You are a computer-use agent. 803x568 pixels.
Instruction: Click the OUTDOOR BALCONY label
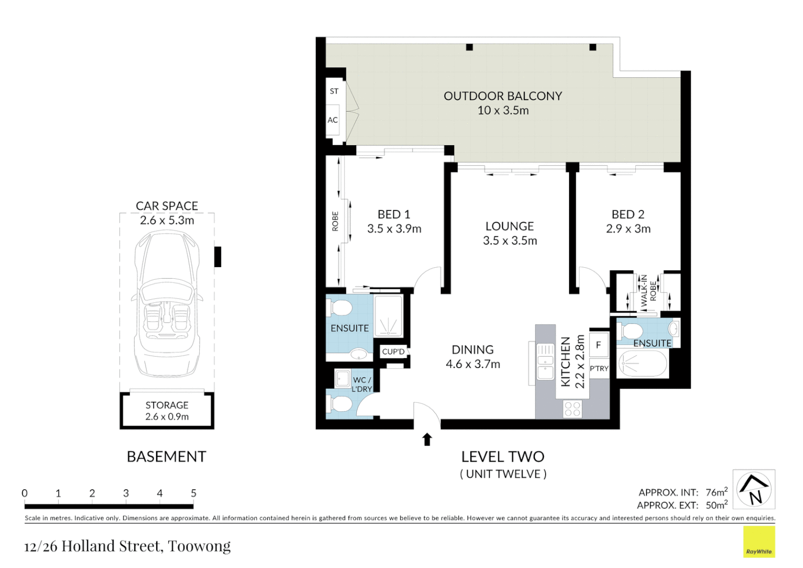502,96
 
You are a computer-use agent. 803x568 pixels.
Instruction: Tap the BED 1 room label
394,214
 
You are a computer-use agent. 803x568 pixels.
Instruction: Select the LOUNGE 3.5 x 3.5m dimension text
510,240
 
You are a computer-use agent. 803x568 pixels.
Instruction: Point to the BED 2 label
627,214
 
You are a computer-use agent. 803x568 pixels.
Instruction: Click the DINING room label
472,350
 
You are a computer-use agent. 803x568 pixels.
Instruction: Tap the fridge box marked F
598,345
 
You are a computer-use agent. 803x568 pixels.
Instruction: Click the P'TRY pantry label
599,368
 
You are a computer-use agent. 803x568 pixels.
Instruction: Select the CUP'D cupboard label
393,352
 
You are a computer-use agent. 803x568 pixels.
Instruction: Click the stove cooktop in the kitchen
572,409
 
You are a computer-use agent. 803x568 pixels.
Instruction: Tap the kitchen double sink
545,361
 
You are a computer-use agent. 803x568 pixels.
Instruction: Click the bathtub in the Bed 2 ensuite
642,363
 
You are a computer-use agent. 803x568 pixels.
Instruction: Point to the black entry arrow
427,440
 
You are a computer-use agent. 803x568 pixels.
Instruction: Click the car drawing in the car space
167,305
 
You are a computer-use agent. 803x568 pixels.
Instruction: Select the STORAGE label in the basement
167,405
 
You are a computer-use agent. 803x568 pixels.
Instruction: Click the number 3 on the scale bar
126,493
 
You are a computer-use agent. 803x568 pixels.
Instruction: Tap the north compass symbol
754,489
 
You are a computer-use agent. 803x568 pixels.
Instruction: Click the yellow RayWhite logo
759,542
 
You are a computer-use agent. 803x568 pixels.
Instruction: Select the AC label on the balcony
333,120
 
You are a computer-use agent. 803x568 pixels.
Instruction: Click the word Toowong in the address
199,546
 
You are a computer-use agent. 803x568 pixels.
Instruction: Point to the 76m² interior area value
717,491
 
